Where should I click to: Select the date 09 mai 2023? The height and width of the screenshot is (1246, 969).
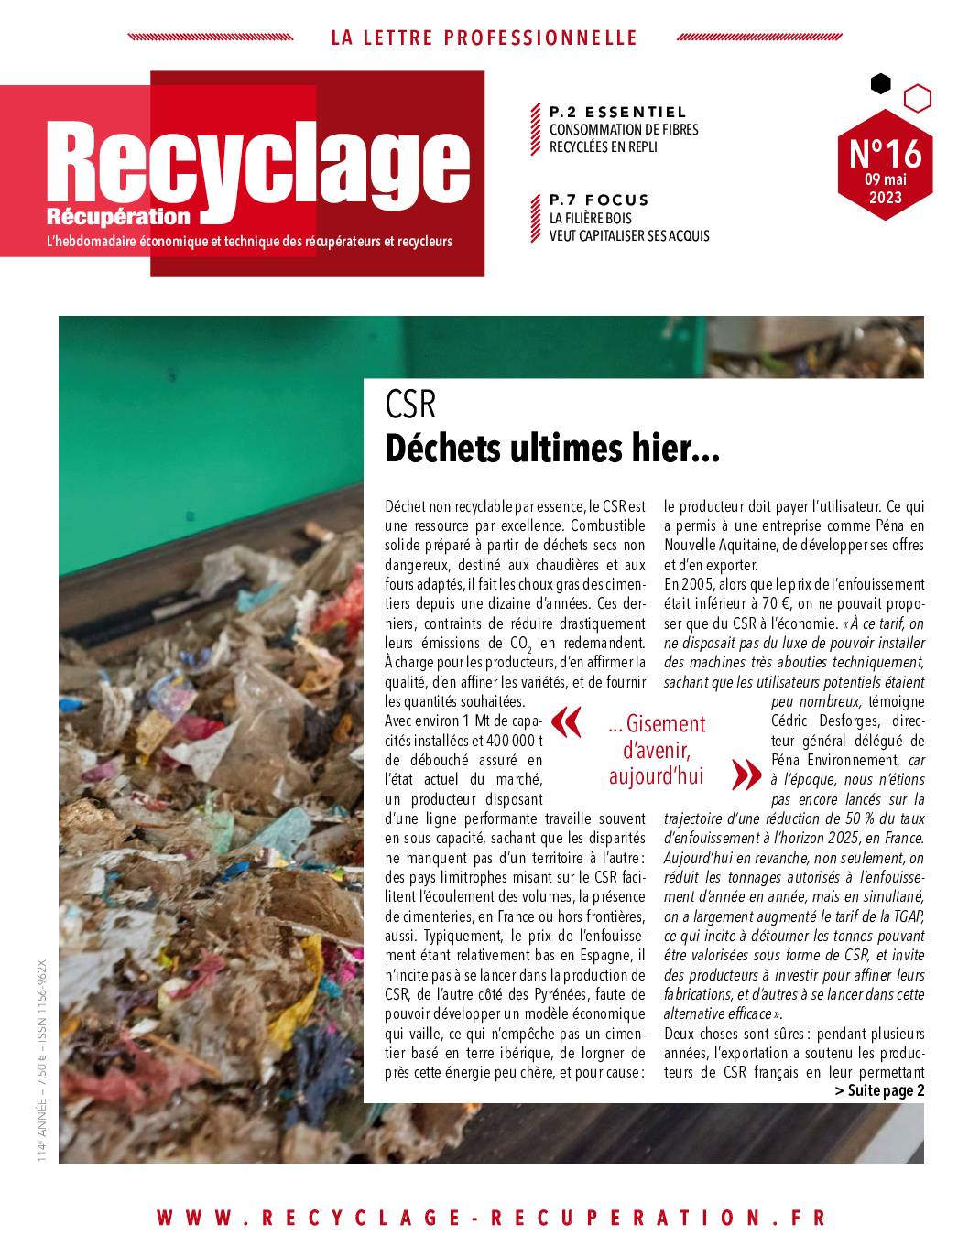[885, 189]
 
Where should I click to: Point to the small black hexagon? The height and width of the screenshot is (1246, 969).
[880, 84]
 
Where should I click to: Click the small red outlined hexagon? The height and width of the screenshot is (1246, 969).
[917, 97]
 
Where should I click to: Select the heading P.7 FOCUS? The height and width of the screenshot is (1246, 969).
[599, 200]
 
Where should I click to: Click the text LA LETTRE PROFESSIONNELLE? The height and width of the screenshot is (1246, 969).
[484, 38]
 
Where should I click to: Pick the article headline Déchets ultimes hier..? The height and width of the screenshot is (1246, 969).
[552, 450]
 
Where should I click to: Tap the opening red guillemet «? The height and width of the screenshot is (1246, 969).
[568, 722]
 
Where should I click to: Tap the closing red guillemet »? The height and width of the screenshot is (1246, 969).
[746, 775]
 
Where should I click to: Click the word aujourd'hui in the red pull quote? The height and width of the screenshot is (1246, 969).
[656, 776]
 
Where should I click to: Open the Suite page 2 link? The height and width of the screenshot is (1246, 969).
[879, 1089]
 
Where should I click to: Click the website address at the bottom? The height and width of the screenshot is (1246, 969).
[491, 1218]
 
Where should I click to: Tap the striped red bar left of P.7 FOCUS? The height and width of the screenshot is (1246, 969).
[535, 218]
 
